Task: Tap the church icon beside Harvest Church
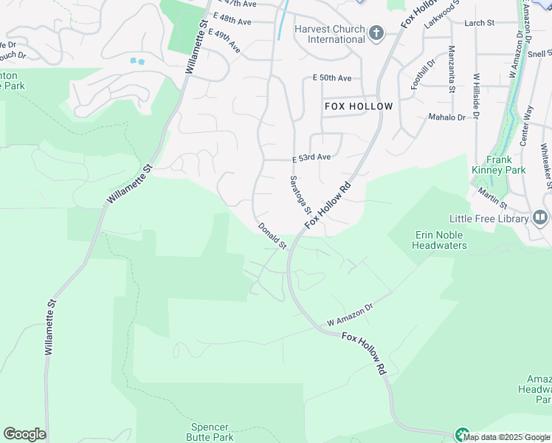[376, 33]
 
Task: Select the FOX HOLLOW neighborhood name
[359, 106]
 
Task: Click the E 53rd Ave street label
[311, 157]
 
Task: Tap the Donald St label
[272, 236]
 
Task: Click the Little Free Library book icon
[539, 218]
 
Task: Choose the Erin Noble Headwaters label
[441, 240]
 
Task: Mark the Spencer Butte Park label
[210, 432]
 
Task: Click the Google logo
[24, 434]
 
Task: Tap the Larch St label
[479, 24]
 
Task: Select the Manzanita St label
[451, 69]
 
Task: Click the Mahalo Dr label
[446, 117]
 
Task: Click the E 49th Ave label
[224, 41]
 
